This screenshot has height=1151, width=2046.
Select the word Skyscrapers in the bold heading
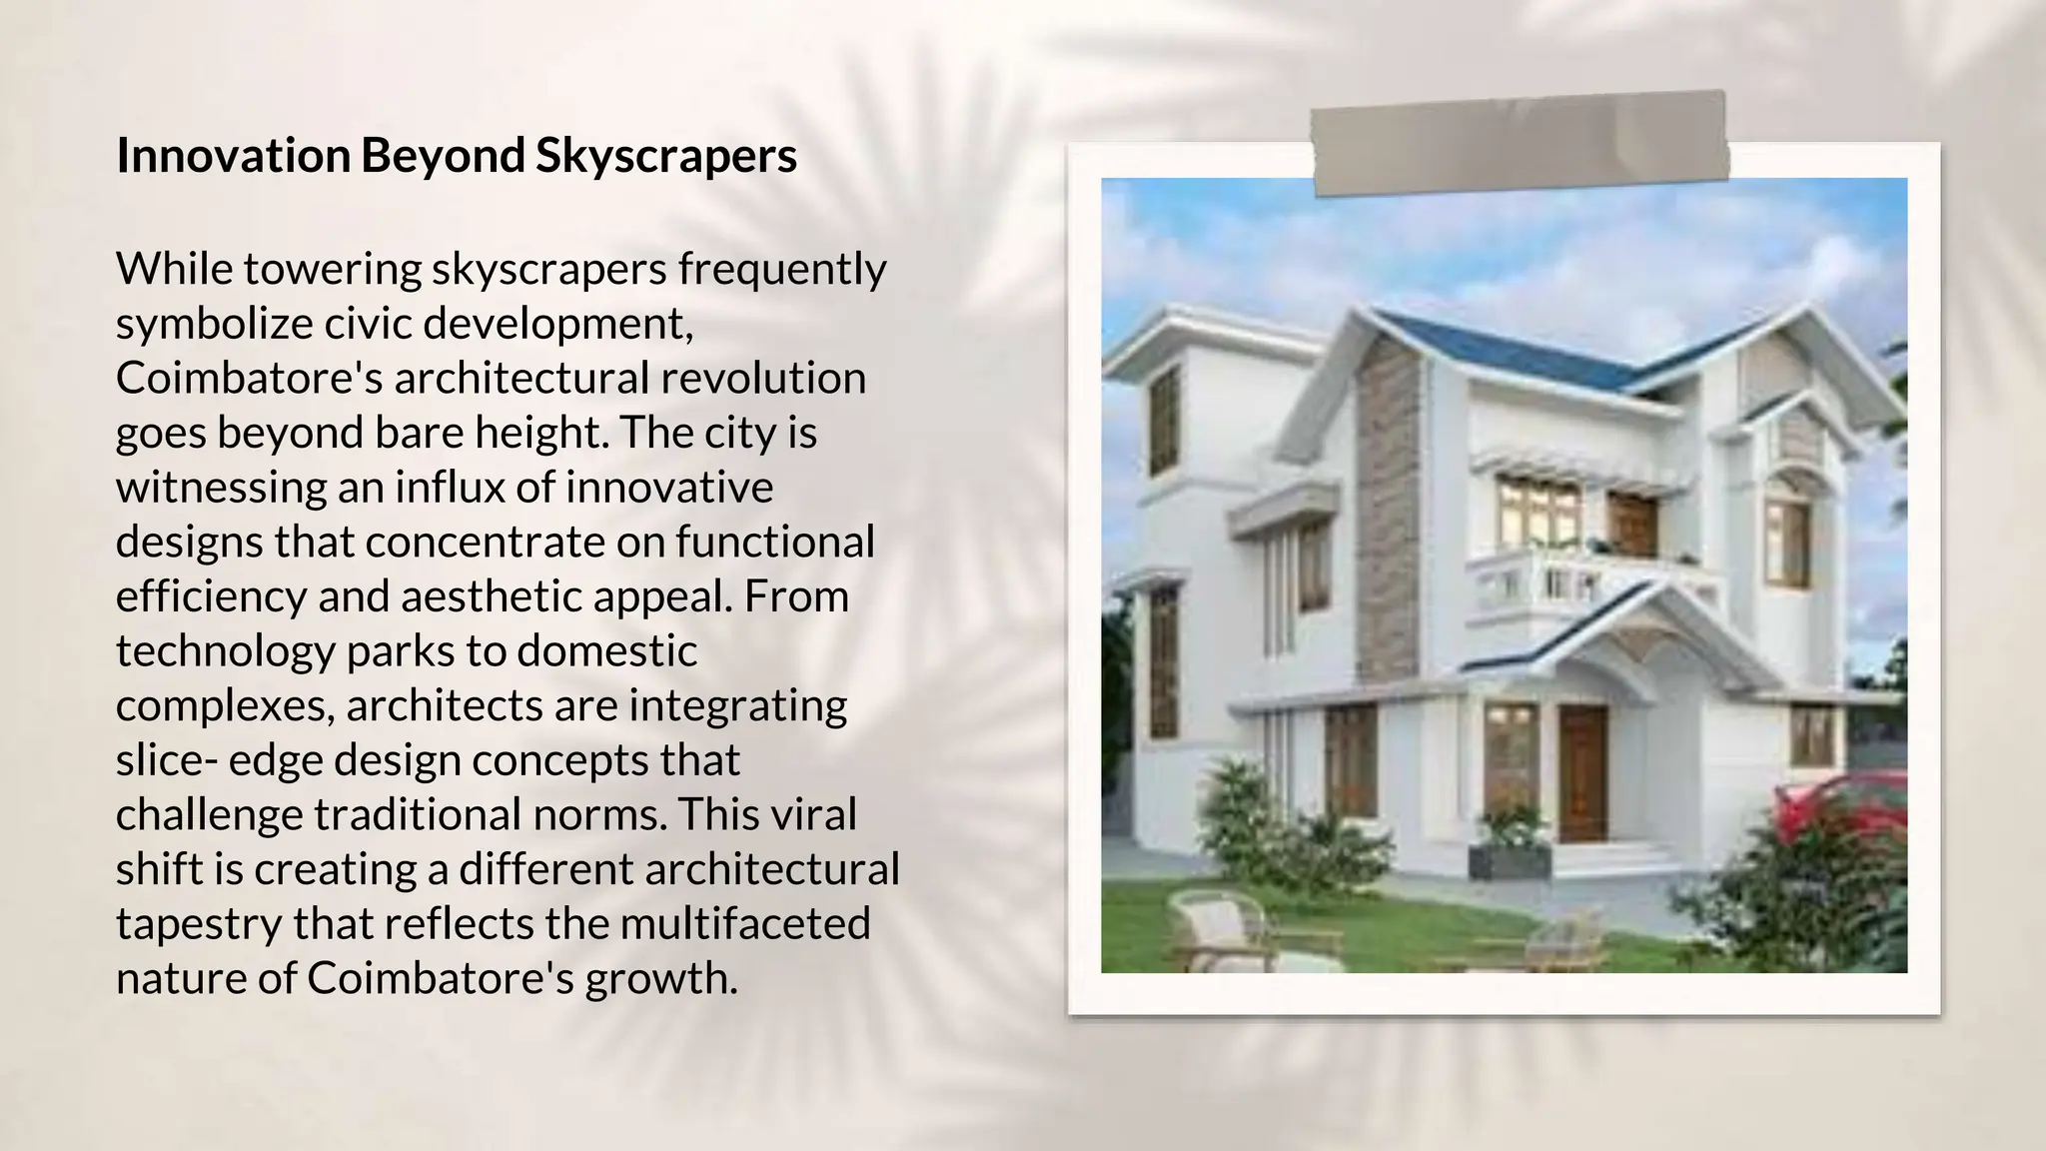click(x=666, y=156)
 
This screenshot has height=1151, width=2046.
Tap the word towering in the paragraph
click(x=336, y=269)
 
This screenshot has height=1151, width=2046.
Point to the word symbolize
click(x=214, y=324)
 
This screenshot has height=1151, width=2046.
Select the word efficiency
click(x=211, y=596)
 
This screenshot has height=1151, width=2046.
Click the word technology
click(x=225, y=651)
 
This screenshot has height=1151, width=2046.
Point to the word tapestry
click(x=198, y=923)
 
